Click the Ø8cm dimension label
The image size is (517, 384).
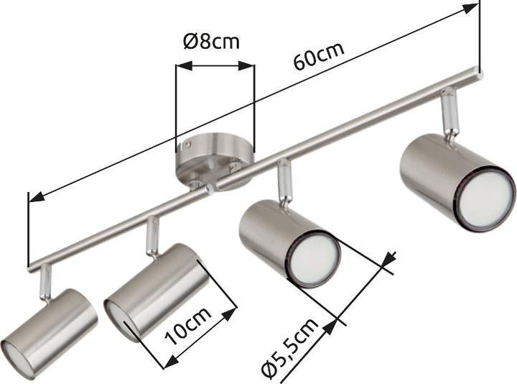tap(211, 41)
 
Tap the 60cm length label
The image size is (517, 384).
tap(319, 58)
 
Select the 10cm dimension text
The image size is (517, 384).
tap(188, 325)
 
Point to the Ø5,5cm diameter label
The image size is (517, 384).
tap(289, 349)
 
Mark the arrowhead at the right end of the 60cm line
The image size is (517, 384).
tap(470, 8)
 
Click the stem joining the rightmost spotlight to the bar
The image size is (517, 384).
tap(450, 111)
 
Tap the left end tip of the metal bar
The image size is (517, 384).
tap(31, 268)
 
